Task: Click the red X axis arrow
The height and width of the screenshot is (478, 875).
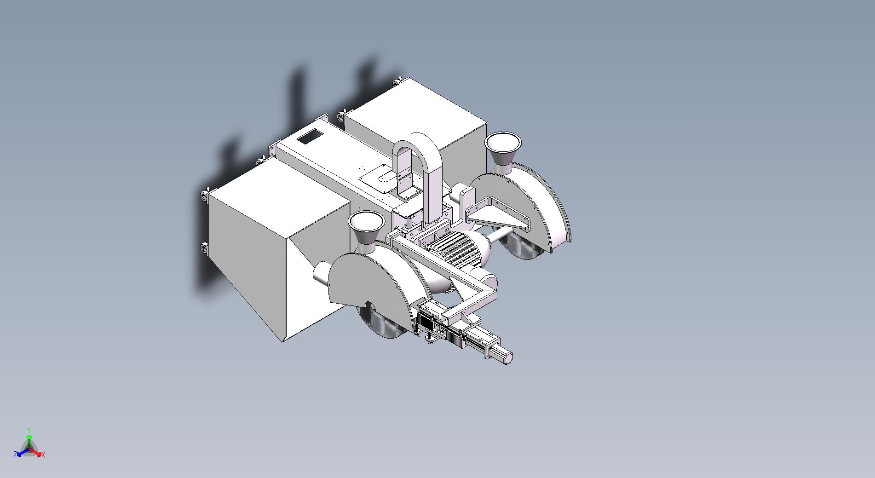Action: [x=37, y=451]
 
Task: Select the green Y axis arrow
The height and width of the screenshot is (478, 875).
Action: [x=29, y=436]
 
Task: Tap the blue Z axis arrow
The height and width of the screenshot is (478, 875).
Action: [x=21, y=452]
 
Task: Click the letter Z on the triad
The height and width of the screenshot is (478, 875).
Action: [x=16, y=455]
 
